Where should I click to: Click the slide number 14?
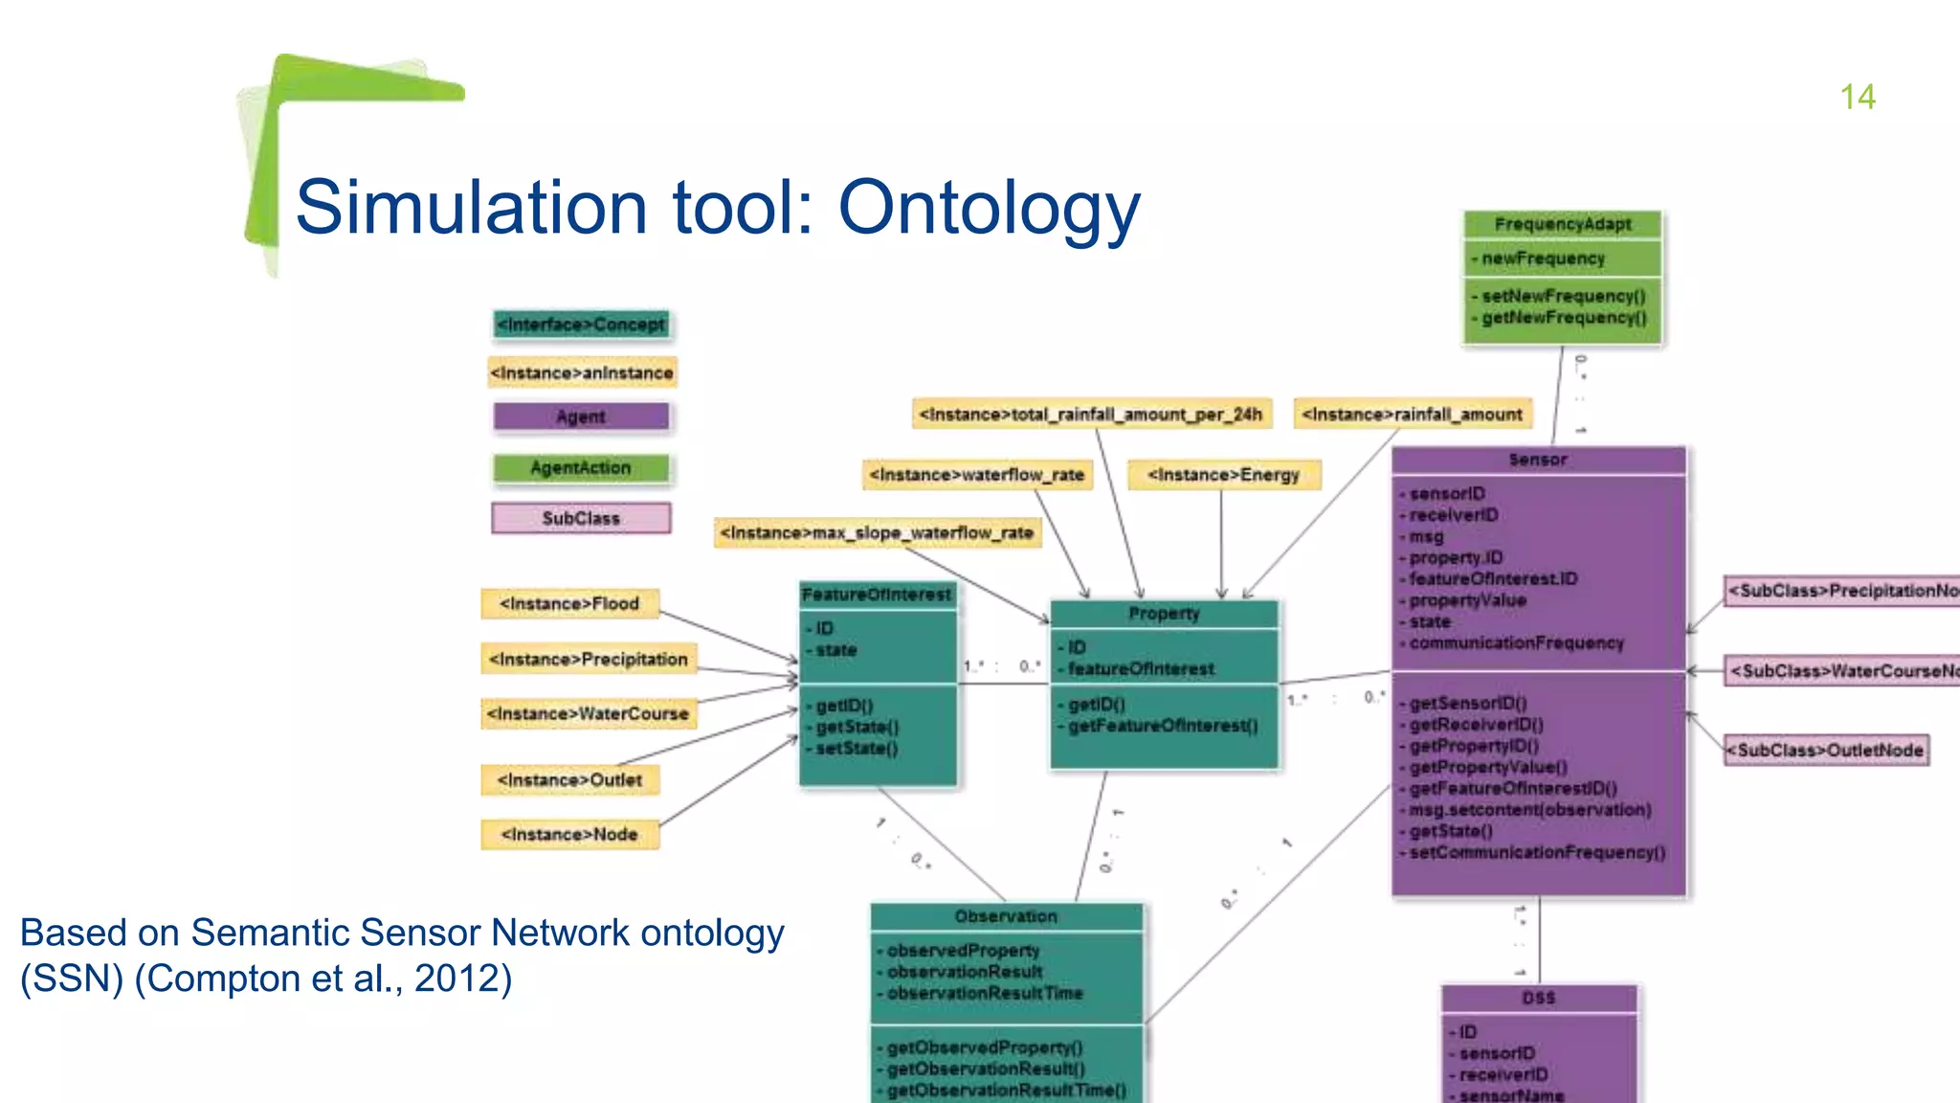(x=1857, y=97)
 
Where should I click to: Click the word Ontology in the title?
(x=989, y=207)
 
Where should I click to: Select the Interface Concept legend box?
(x=581, y=325)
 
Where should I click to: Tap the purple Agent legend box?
(x=581, y=416)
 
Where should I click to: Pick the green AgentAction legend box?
(x=581, y=467)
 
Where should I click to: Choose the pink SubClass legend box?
(x=581, y=518)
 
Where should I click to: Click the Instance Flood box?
(x=569, y=604)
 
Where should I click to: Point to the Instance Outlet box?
(x=569, y=780)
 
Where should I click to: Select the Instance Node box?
(x=569, y=835)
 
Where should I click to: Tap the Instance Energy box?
(x=1224, y=475)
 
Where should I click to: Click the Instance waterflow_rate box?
(x=976, y=475)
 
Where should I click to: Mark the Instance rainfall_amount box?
(x=1412, y=415)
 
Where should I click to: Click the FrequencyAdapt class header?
(x=1563, y=224)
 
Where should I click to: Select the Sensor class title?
(x=1538, y=460)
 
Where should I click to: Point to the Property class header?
(x=1164, y=614)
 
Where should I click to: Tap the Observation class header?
(x=1006, y=916)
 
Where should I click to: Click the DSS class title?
(x=1539, y=998)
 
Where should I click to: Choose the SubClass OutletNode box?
(x=1826, y=751)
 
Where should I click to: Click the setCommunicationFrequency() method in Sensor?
(x=1537, y=852)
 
